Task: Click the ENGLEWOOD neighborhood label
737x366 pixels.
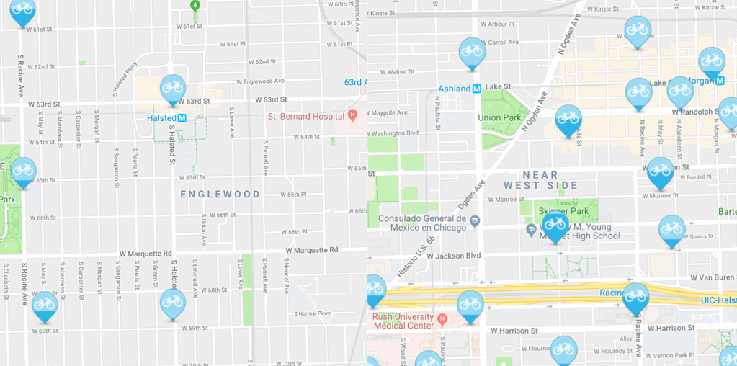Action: coord(220,195)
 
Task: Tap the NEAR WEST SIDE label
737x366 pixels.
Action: coord(550,180)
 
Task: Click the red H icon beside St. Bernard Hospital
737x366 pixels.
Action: coord(352,115)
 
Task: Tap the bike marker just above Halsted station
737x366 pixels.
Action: coord(172,88)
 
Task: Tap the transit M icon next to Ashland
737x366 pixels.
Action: coord(477,89)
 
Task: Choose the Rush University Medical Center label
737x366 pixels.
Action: coord(403,321)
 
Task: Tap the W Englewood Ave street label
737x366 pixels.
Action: coord(258,81)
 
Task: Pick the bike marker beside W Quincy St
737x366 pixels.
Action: coord(671,230)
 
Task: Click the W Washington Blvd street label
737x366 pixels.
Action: coord(393,133)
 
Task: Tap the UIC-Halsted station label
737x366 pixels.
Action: coord(718,300)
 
